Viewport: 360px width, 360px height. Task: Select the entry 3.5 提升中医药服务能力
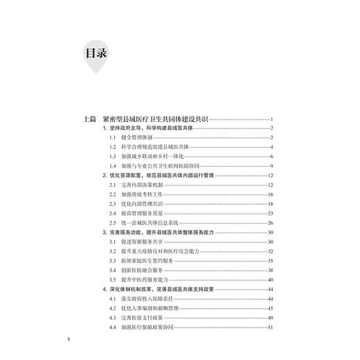[143, 280]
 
